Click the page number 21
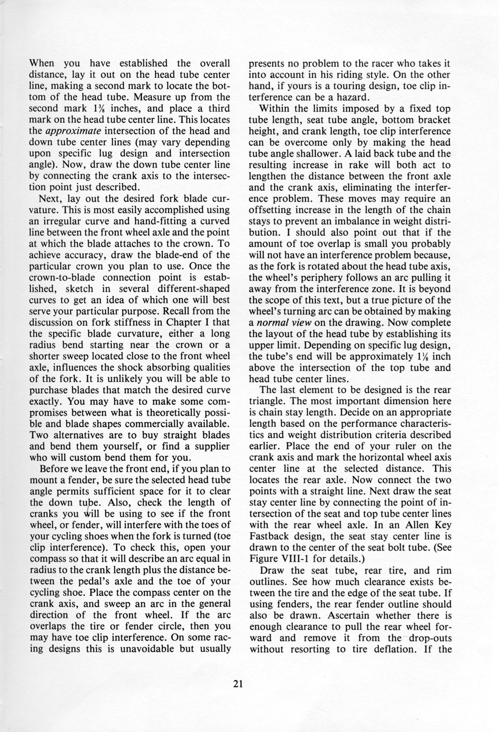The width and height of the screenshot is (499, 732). coord(238,685)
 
